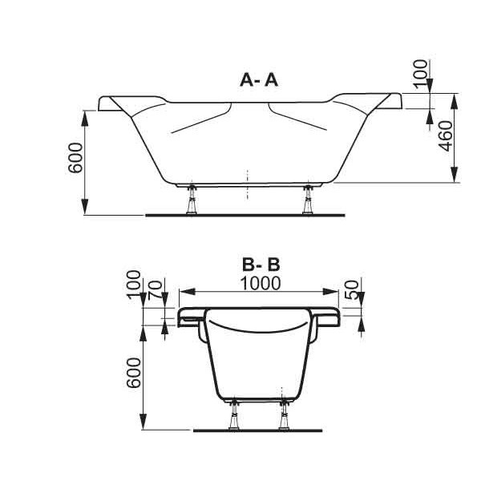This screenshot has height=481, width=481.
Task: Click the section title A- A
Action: coord(259,80)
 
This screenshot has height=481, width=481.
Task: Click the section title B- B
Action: coord(261,265)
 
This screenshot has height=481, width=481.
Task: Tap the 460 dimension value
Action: coord(446,136)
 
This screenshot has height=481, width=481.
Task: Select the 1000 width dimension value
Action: coord(260,284)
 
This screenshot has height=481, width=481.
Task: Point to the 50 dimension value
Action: coord(352,290)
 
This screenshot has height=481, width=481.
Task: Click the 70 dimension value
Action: coord(156,290)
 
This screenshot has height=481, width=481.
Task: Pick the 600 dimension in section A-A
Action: coord(75,158)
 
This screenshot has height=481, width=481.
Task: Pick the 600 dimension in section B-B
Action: coord(134,373)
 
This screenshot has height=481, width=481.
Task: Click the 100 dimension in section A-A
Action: coord(420,74)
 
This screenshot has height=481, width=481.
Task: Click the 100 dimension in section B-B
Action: coord(134,285)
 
